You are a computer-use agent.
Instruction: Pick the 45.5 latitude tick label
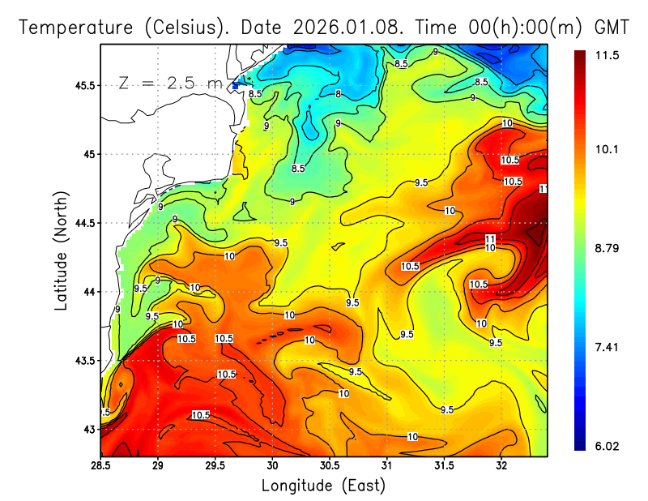click(83, 85)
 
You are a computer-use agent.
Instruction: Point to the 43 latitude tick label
click(90, 429)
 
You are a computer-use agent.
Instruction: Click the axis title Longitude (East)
click(323, 486)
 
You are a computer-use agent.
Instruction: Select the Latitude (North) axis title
click(62, 250)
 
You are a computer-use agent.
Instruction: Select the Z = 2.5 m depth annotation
click(169, 83)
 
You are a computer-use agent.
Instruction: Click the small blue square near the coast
click(236, 84)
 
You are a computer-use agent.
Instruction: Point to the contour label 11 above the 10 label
click(490, 238)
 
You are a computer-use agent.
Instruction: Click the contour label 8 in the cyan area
click(338, 94)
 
